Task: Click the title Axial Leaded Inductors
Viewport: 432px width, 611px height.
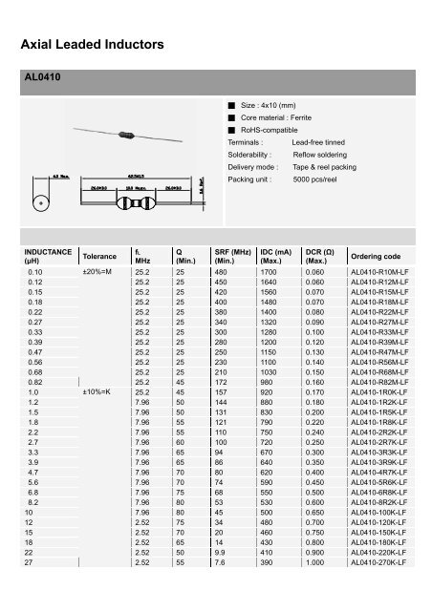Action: [93, 44]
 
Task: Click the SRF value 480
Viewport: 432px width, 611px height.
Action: [226, 272]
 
